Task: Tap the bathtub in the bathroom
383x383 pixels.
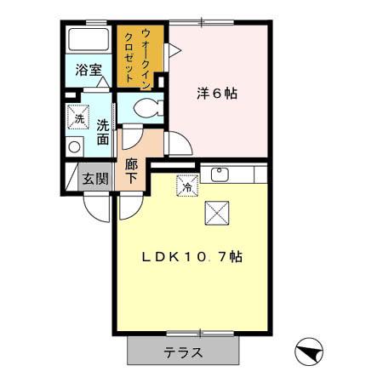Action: [x=87, y=42]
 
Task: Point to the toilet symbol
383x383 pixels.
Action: [x=149, y=108]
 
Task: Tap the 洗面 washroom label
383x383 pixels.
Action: [x=102, y=131]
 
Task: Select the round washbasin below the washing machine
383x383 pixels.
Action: [x=75, y=146]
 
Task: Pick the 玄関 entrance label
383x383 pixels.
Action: [x=94, y=179]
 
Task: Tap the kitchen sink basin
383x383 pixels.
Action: [x=220, y=174]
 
